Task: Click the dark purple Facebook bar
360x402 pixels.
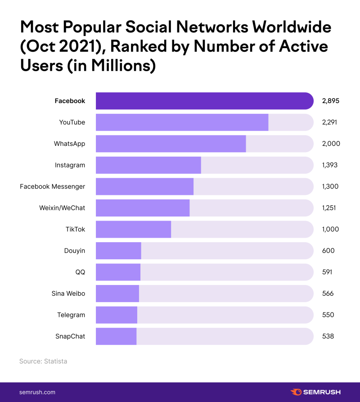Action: pyautogui.click(x=204, y=101)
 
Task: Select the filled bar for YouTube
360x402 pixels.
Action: pyautogui.click(x=182, y=122)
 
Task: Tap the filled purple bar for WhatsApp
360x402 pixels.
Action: pyautogui.click(x=171, y=144)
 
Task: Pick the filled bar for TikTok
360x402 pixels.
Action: pyautogui.click(x=133, y=229)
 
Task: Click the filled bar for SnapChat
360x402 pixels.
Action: pyautogui.click(x=116, y=336)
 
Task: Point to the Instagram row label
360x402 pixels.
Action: pyautogui.click(x=70, y=165)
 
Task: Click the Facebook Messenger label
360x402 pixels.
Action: pyautogui.click(x=52, y=186)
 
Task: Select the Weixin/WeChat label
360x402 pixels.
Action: pyautogui.click(x=62, y=208)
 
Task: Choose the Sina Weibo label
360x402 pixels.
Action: pyautogui.click(x=68, y=294)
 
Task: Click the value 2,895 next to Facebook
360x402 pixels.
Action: pyautogui.click(x=330, y=101)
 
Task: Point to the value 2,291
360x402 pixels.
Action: pyautogui.click(x=329, y=122)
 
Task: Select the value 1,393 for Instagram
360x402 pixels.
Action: pyautogui.click(x=329, y=165)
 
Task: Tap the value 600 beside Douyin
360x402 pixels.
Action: pyautogui.click(x=328, y=251)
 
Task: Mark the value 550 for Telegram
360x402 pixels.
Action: pyautogui.click(x=328, y=315)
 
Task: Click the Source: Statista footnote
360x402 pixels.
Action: pyautogui.click(x=43, y=361)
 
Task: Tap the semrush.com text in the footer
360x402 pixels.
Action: pyautogui.click(x=37, y=392)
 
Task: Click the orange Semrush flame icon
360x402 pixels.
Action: pyautogui.click(x=296, y=392)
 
